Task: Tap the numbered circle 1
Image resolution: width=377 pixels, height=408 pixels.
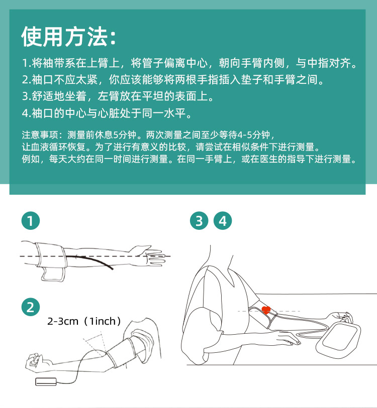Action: coord(31,221)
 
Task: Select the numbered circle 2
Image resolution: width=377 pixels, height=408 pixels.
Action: coord(31,307)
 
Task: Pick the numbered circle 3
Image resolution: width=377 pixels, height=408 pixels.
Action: coord(199,221)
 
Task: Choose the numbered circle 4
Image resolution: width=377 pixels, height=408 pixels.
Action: coord(222,221)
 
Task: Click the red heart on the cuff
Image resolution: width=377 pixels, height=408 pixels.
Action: coord(266,310)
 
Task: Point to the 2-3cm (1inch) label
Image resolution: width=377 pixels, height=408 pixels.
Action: coord(84,321)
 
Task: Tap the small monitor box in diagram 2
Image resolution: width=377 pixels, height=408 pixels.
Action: coord(46,381)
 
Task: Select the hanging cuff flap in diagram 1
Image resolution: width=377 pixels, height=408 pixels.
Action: coord(53,274)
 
